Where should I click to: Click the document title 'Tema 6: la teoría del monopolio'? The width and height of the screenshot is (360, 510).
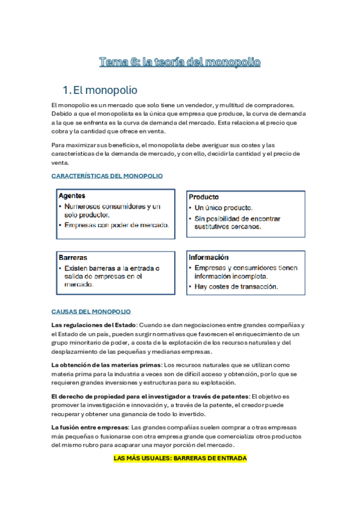[x=180, y=62]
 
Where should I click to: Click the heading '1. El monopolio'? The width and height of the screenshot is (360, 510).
[x=105, y=90]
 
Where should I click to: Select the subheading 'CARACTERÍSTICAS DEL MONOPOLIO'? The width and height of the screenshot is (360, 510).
[x=107, y=176]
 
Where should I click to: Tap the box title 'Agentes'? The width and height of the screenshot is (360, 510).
[x=72, y=196]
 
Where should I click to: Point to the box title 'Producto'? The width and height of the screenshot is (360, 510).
[x=204, y=197]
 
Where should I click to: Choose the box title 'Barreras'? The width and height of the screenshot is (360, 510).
[x=73, y=257]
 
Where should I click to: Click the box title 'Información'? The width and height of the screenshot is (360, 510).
[x=209, y=257]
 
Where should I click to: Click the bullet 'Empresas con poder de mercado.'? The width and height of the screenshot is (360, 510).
[x=117, y=226]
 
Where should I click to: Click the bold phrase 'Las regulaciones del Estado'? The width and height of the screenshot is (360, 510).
[x=89, y=325]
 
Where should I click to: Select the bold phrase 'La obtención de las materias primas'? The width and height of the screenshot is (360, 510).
[x=106, y=364]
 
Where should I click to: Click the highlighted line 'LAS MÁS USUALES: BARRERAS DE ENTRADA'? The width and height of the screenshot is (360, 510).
[x=180, y=458]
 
